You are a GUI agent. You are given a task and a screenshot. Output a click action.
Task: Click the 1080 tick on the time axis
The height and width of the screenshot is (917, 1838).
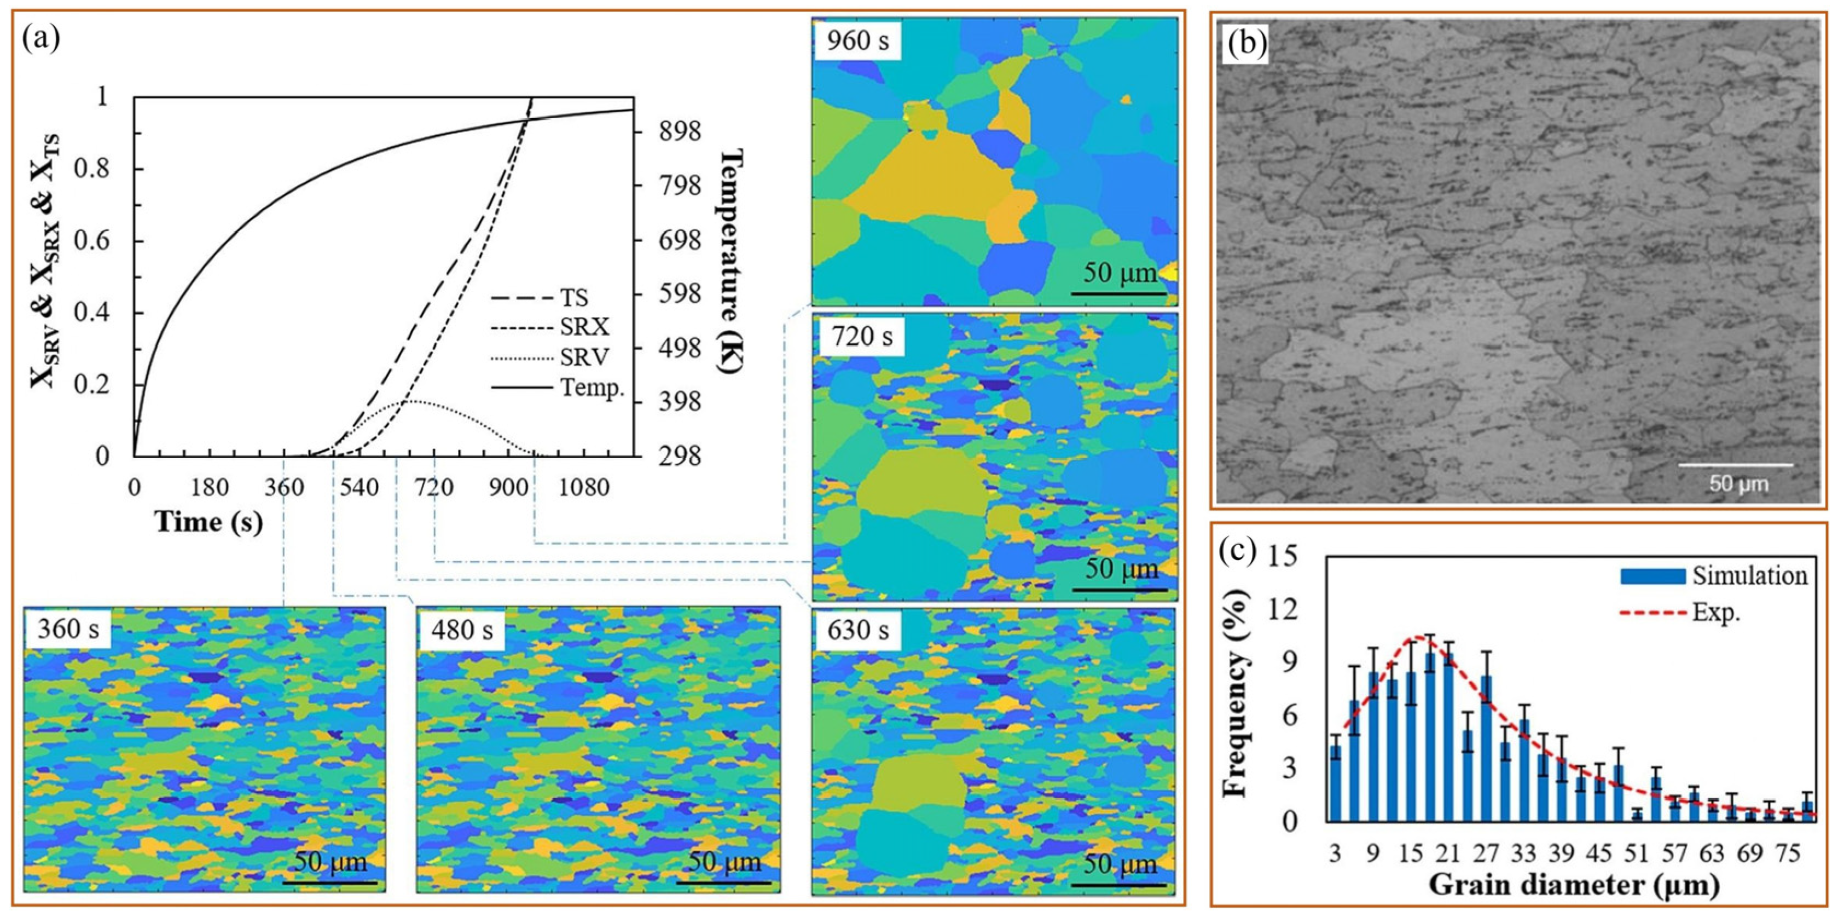(x=585, y=489)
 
